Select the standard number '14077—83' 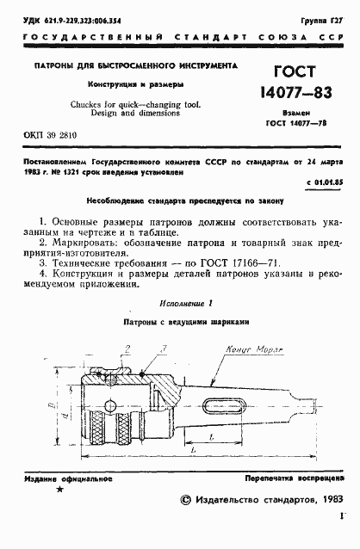pos(296,91)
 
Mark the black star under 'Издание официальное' pos(58,489)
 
